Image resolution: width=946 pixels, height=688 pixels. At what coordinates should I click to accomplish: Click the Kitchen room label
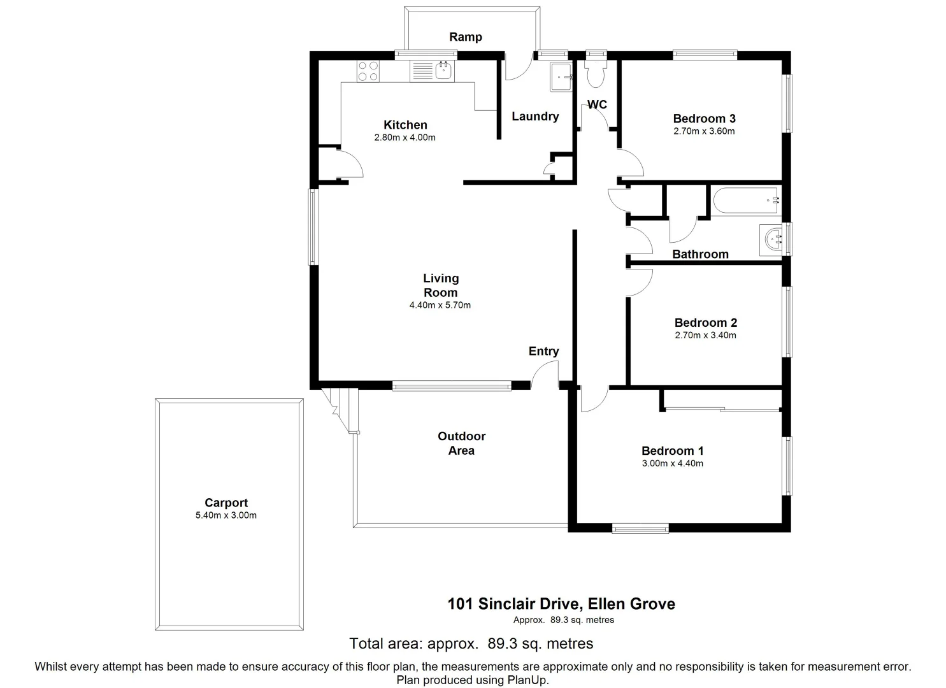(405, 125)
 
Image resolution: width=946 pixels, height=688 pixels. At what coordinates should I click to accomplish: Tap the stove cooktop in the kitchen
(368, 70)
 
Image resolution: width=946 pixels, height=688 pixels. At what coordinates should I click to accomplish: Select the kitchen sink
(443, 70)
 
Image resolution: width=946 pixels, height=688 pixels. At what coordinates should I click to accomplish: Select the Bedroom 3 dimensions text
(704, 132)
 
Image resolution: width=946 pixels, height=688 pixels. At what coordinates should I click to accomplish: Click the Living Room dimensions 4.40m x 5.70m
(440, 305)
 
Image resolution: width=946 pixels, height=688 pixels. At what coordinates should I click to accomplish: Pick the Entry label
(543, 351)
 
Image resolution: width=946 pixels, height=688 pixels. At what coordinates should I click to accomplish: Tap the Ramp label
(466, 37)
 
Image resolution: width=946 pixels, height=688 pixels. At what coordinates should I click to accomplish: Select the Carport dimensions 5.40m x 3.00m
(226, 515)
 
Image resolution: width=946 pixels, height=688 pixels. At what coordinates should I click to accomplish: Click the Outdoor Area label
(461, 443)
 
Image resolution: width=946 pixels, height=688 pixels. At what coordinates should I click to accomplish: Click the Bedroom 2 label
(705, 322)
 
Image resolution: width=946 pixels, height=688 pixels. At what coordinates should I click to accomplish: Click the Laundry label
(535, 116)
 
